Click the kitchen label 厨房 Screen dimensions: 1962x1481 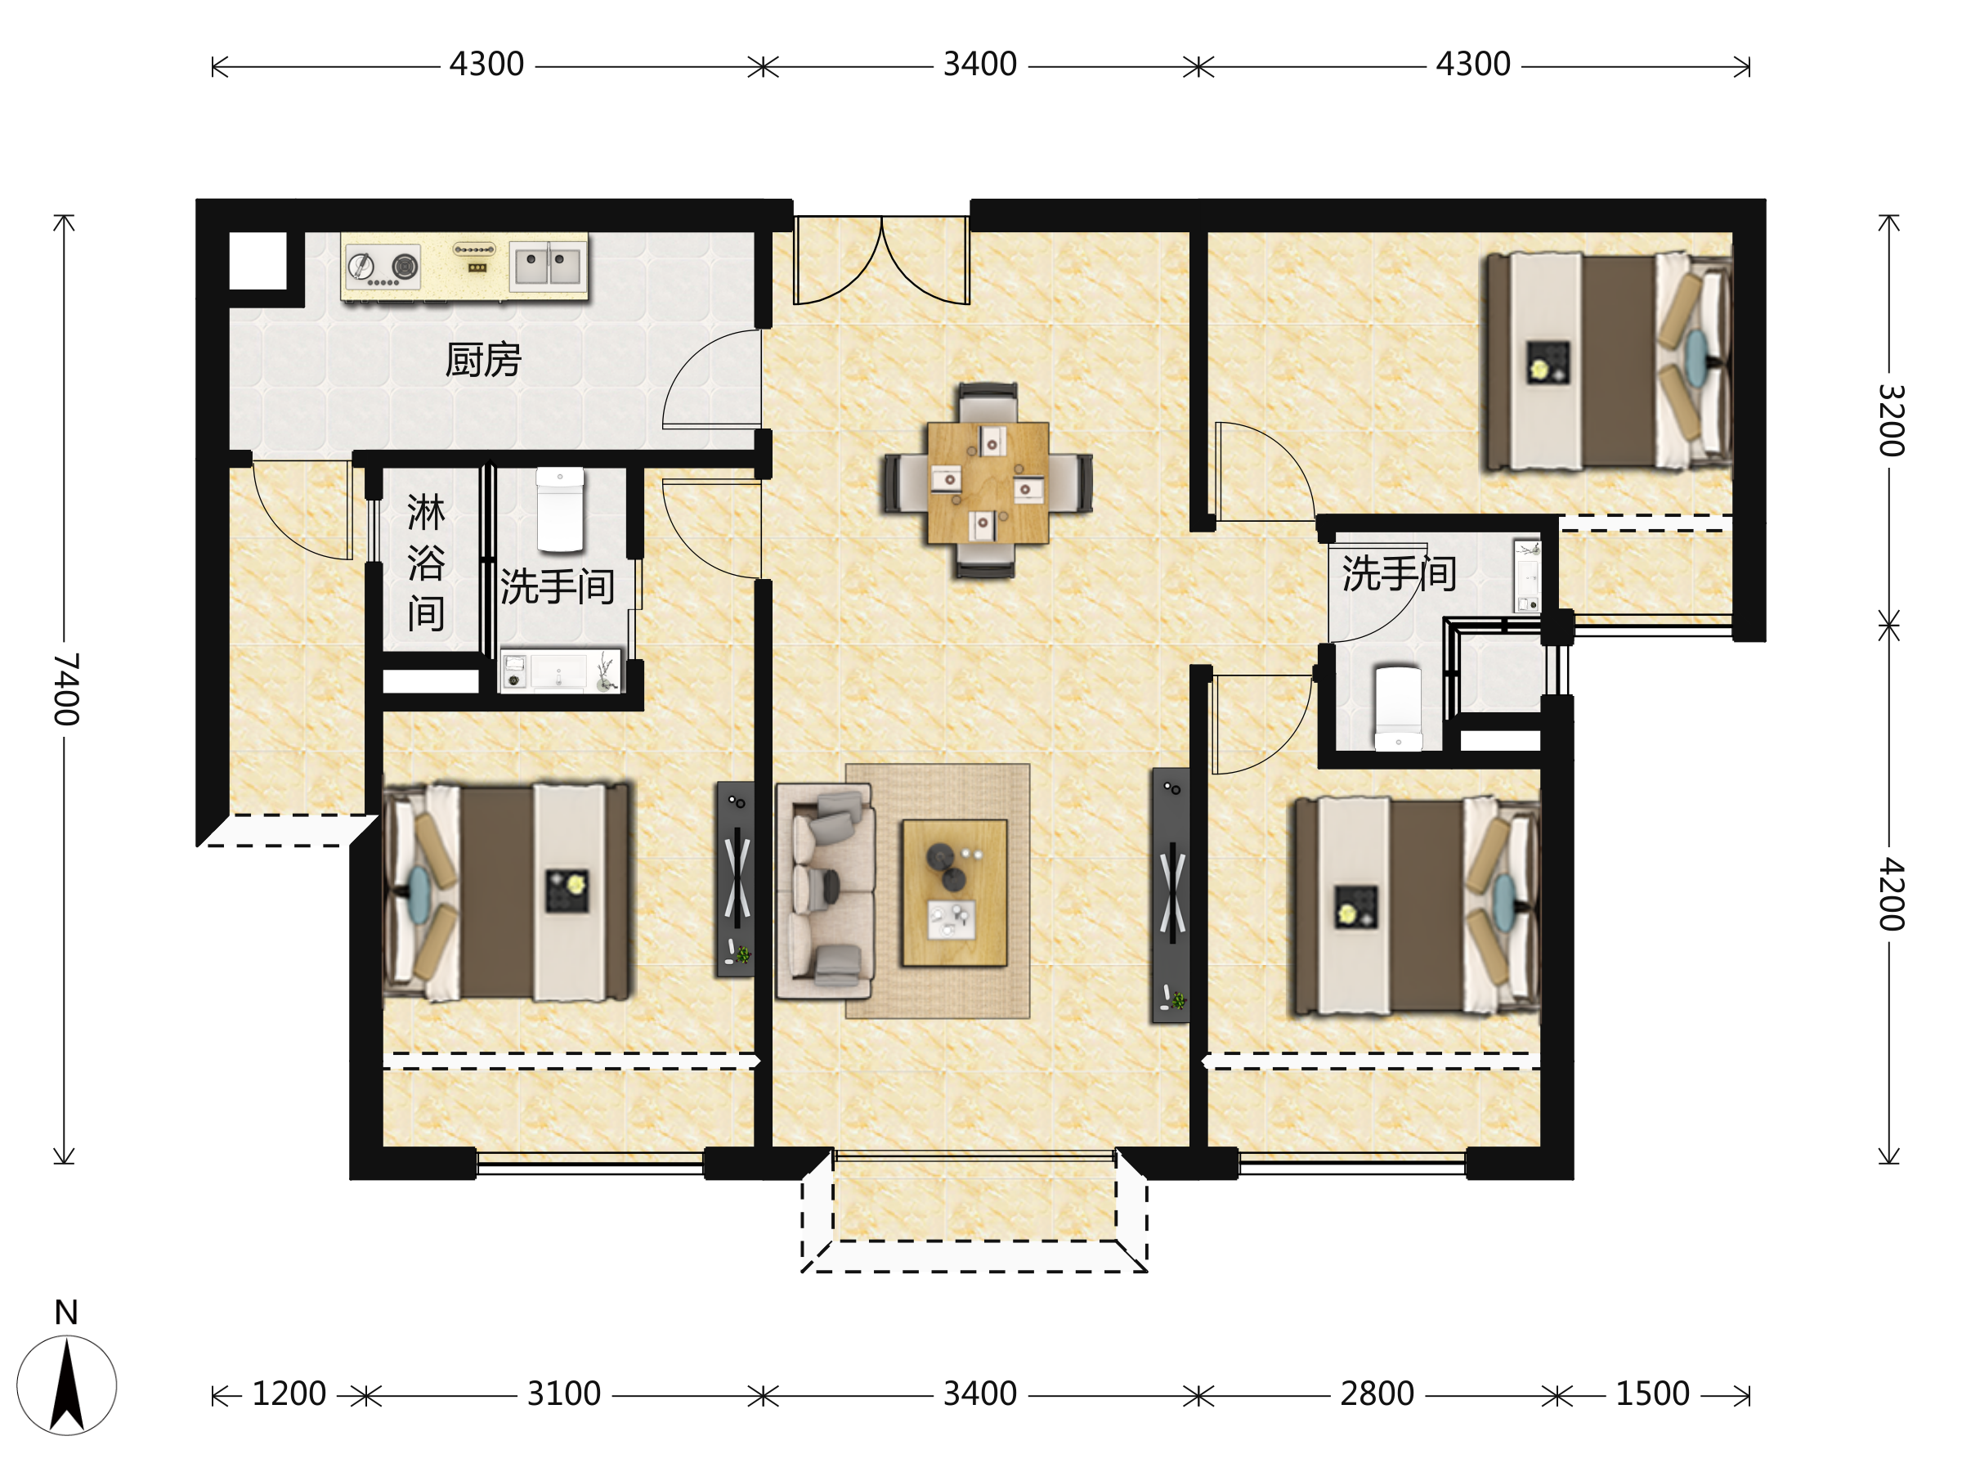[482, 361]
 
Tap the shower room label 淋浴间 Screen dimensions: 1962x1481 [426, 563]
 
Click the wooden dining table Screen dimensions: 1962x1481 [988, 482]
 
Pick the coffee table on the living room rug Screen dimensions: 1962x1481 [954, 893]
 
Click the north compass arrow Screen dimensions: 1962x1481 [66, 1385]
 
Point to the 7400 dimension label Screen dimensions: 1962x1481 [66, 689]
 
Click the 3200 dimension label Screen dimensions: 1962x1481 [1891, 420]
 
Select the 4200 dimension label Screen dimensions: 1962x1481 [1891, 895]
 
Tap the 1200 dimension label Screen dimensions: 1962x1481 [289, 1394]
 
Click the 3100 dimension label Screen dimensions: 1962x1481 [564, 1394]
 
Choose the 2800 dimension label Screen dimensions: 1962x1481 [1377, 1394]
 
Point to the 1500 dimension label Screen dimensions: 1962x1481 [1652, 1394]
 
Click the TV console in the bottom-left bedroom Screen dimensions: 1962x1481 [735, 879]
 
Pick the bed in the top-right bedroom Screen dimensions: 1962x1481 [1609, 361]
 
